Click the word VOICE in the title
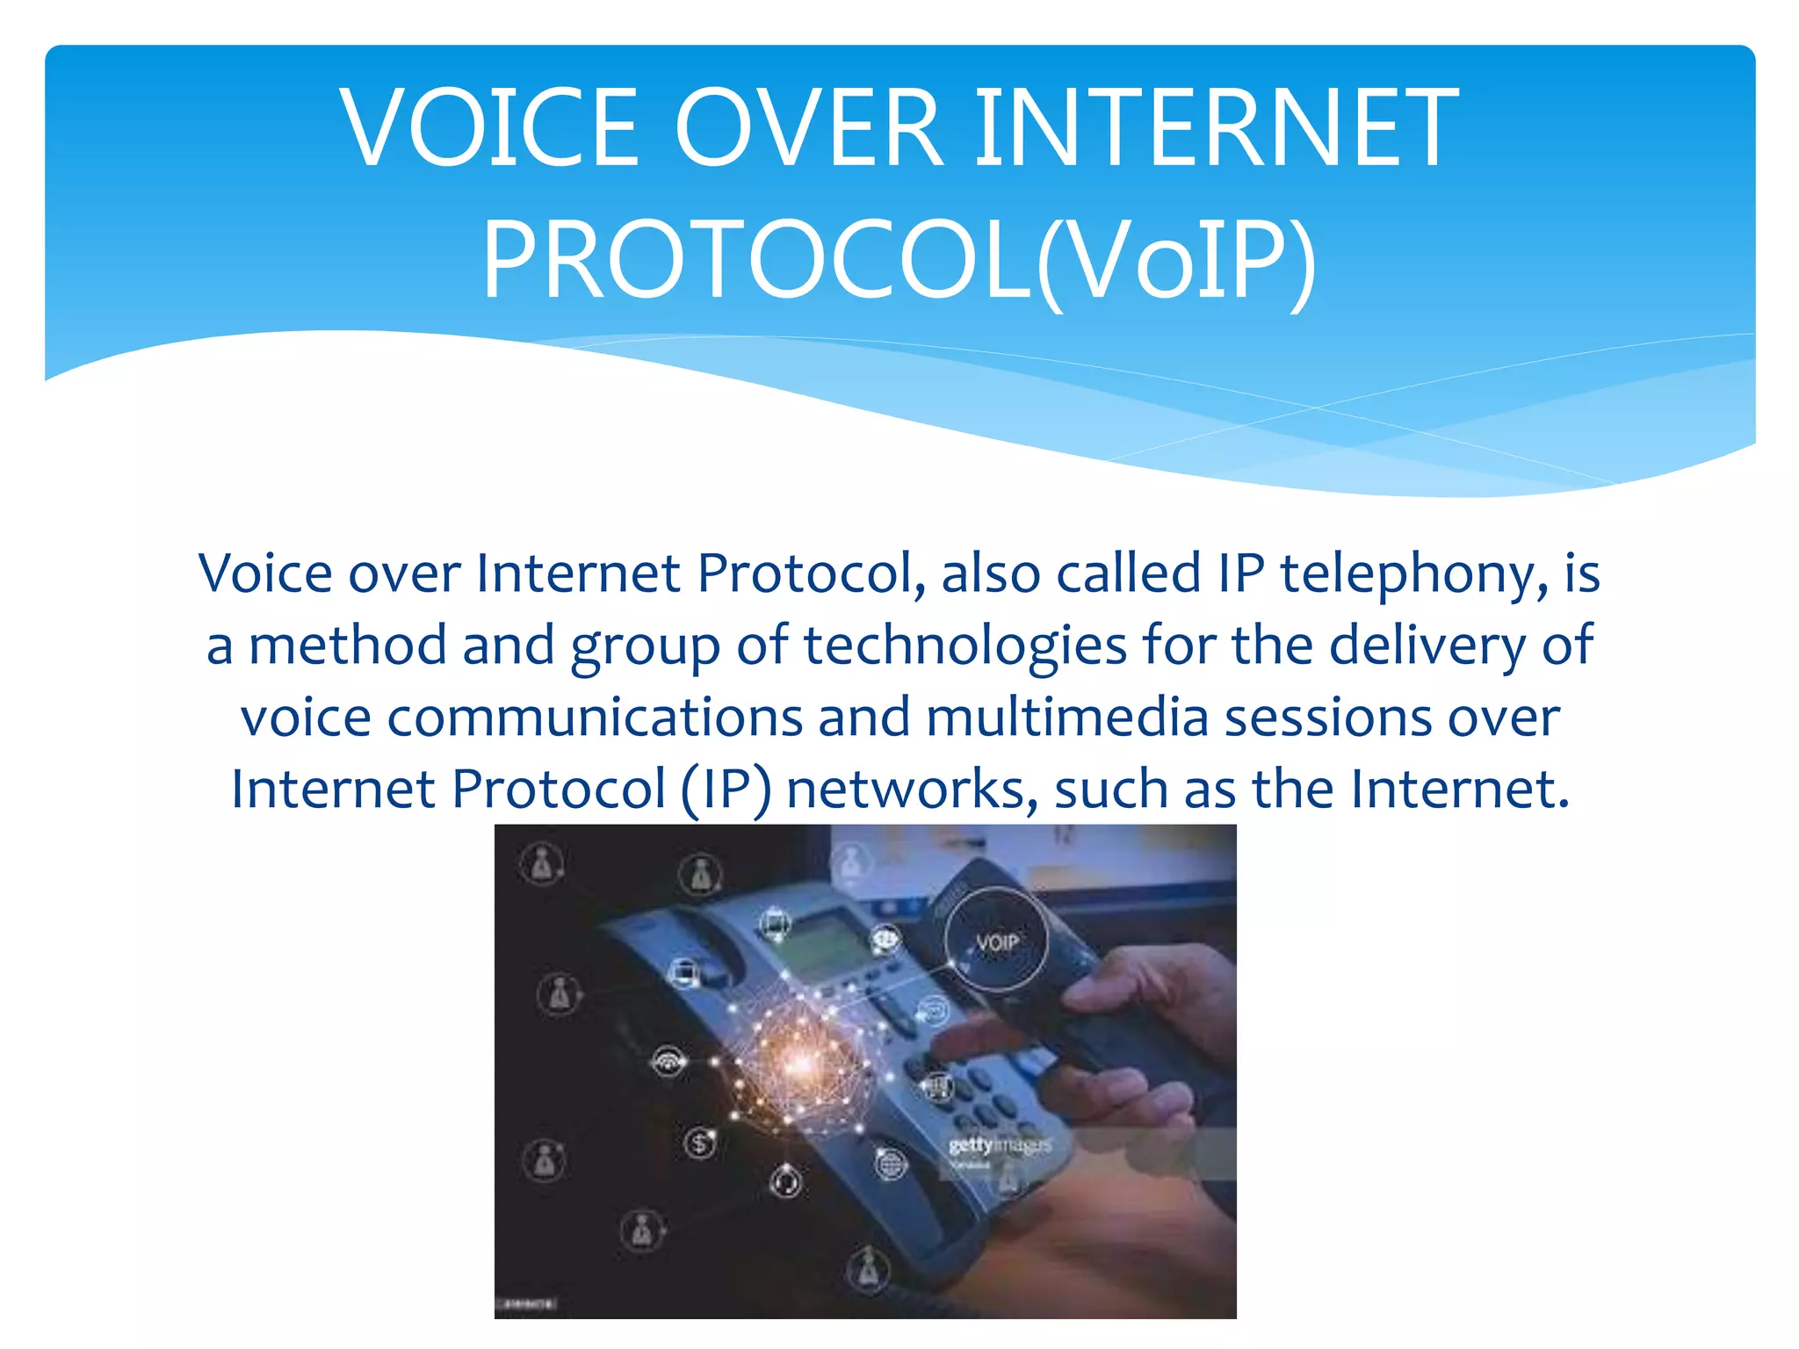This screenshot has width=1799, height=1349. pos(490,128)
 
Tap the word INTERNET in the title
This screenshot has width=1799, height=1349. pos(1216,128)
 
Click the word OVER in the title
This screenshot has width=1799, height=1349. pos(808,128)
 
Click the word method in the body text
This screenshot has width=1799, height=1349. pos(347,646)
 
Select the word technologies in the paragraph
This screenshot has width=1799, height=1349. pos(965,646)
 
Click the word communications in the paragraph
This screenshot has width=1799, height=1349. pos(595,718)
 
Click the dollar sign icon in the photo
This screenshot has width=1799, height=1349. pos(700,1143)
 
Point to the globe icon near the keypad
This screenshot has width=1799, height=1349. pos(890,1165)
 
